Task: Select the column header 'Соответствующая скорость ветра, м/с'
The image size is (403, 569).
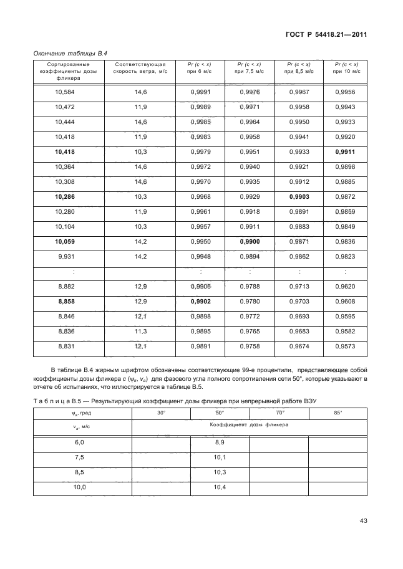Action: point(140,68)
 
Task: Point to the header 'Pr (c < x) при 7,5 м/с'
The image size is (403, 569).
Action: point(250,68)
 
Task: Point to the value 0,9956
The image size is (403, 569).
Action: point(345,92)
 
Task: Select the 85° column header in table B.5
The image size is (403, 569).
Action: point(337,413)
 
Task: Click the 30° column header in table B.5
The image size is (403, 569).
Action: point(161,413)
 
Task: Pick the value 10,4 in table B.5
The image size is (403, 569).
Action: point(220,487)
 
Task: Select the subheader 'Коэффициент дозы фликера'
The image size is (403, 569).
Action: point(249,424)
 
